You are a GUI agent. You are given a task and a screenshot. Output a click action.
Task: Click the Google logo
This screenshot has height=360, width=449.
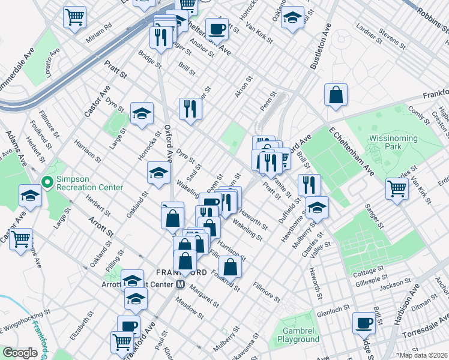click(x=20, y=353)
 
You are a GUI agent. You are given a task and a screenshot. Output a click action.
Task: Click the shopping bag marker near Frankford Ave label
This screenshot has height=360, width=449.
click(x=336, y=94)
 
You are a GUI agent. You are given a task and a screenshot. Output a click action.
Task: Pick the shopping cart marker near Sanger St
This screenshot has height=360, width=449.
click(x=397, y=188)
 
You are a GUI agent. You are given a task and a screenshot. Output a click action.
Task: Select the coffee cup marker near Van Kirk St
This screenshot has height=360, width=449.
click(x=217, y=28)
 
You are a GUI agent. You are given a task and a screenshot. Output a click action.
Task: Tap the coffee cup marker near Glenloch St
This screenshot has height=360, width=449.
click(x=364, y=323)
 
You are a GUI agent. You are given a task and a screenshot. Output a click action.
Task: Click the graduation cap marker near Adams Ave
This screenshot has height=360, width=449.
click(x=30, y=195)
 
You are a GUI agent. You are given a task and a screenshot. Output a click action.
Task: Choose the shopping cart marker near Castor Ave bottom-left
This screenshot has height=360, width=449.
click(x=21, y=239)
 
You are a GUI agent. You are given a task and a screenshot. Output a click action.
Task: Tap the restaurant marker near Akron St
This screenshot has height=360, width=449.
click(x=190, y=109)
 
